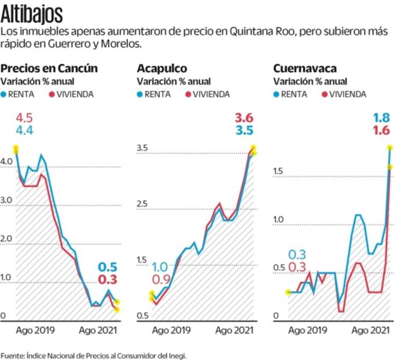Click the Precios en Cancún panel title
click(x=49, y=69)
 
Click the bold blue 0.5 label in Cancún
click(x=108, y=267)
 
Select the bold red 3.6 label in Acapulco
click(x=244, y=118)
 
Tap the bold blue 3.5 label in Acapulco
click(x=244, y=131)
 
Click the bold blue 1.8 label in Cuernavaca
click(x=381, y=118)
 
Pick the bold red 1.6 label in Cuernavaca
click(x=381, y=131)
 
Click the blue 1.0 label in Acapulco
click(x=160, y=267)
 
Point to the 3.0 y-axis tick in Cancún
click(x=6, y=200)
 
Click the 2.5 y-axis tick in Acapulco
click(x=143, y=204)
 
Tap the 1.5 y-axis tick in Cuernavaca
click(x=279, y=171)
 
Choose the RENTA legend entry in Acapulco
click(x=157, y=94)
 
